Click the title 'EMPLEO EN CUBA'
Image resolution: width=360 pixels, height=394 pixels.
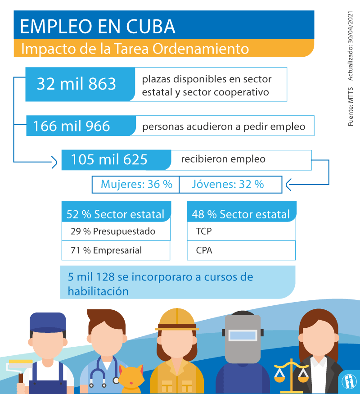98,26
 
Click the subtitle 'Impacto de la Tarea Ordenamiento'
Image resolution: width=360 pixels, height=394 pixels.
135,48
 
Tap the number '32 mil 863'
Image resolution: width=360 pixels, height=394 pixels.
76,84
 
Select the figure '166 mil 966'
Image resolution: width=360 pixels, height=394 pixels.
72,126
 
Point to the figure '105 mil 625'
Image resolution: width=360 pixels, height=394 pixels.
109,159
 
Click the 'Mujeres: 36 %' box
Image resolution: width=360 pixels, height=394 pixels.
136,184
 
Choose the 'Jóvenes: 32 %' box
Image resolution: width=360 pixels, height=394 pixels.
228,184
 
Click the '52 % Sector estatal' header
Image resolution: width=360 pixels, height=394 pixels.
116,214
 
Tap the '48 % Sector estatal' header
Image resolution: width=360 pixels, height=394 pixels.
241,214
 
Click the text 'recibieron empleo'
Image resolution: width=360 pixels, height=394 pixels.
223,159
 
